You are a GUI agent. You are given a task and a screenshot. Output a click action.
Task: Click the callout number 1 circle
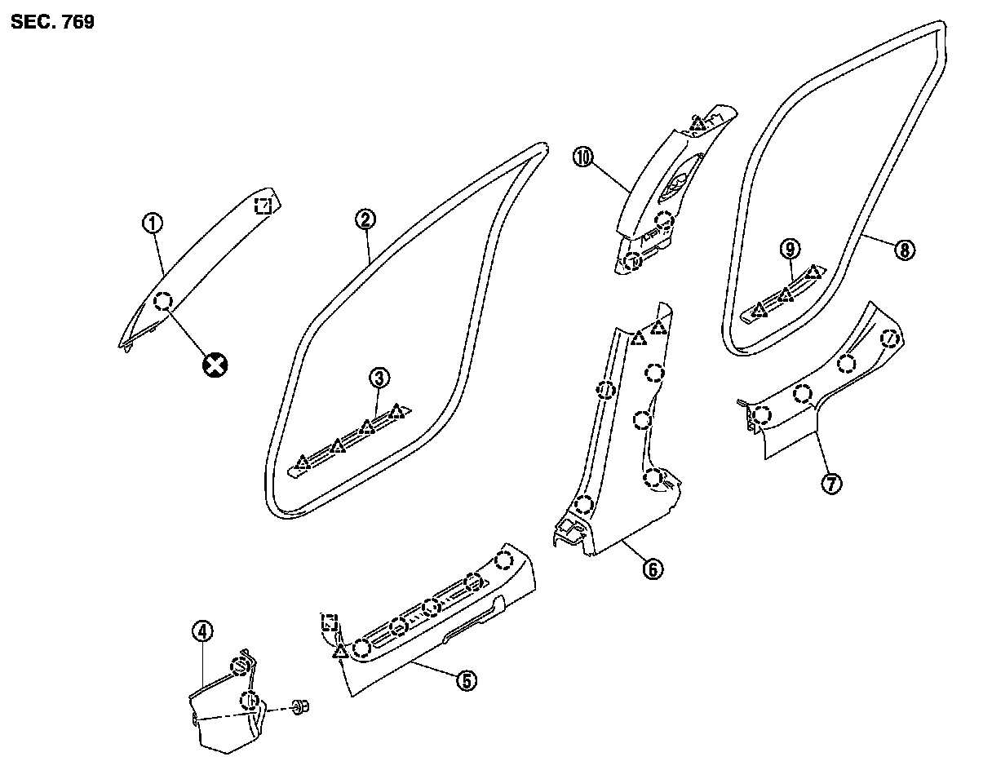[x=153, y=222]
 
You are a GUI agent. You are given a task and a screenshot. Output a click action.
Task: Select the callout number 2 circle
[x=365, y=219]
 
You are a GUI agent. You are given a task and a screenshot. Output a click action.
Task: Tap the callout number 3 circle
[x=378, y=377]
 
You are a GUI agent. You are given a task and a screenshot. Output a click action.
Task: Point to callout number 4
[x=202, y=631]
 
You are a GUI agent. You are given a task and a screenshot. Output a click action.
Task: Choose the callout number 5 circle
[x=465, y=680]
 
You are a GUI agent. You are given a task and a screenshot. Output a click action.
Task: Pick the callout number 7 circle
[x=830, y=484]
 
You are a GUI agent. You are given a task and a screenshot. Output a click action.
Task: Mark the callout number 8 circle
[x=903, y=250]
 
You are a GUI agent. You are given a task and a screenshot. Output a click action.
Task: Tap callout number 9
[x=790, y=248]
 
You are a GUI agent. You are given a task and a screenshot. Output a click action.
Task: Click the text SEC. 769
[x=53, y=22]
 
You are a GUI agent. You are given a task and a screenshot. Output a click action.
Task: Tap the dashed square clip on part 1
[x=263, y=205]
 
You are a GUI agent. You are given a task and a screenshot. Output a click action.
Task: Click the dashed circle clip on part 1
[x=163, y=301]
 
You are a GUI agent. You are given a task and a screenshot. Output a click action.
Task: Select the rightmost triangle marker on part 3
[x=396, y=411]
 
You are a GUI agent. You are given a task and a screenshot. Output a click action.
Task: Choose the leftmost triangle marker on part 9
[x=759, y=309]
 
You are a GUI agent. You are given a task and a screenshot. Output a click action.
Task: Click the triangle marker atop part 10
[x=697, y=126]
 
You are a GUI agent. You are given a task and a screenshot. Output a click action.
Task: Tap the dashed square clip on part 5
[x=330, y=622]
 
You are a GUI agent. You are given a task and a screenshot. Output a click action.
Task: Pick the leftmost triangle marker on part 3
[x=303, y=463]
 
